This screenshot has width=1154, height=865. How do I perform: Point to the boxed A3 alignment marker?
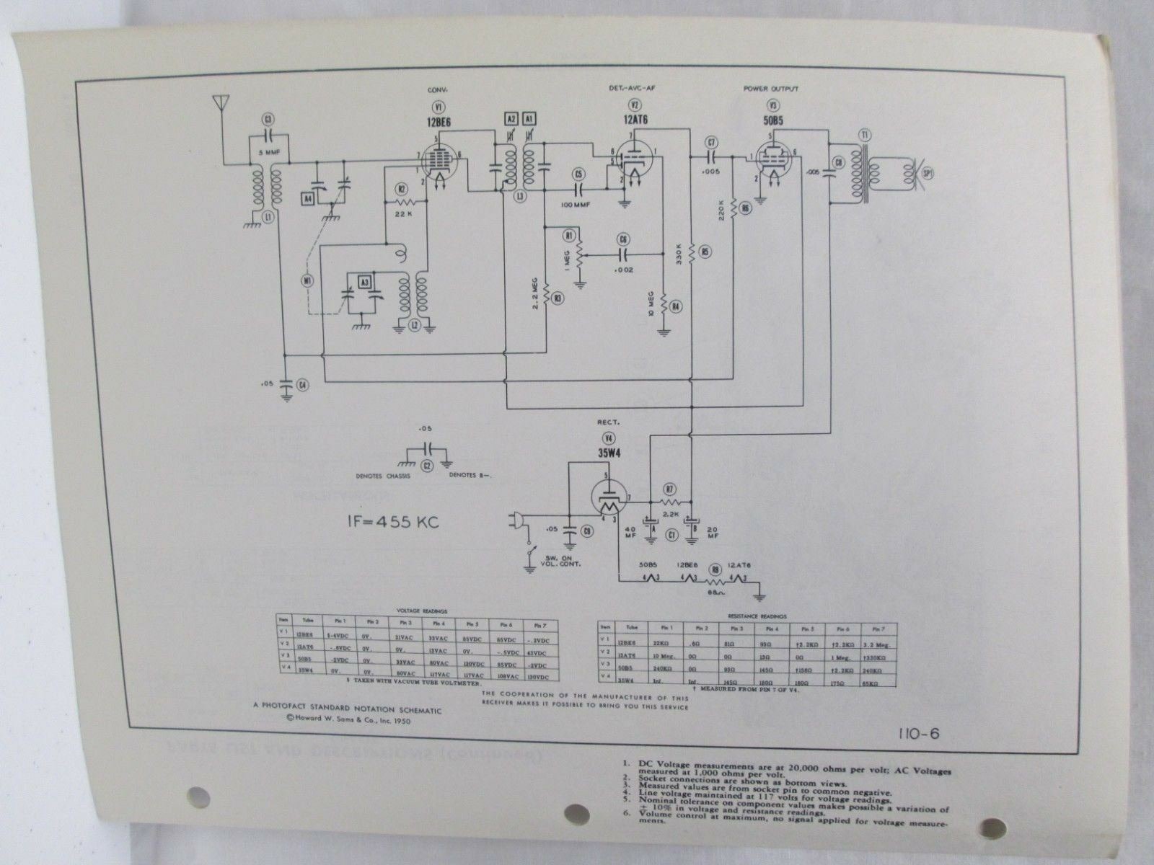point(364,281)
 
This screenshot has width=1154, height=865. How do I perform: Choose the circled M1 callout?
point(309,282)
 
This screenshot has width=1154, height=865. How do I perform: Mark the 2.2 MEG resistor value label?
point(536,294)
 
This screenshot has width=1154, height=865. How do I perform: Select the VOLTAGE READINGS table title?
point(418,609)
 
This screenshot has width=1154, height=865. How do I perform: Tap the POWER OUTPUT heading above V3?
point(770,89)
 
